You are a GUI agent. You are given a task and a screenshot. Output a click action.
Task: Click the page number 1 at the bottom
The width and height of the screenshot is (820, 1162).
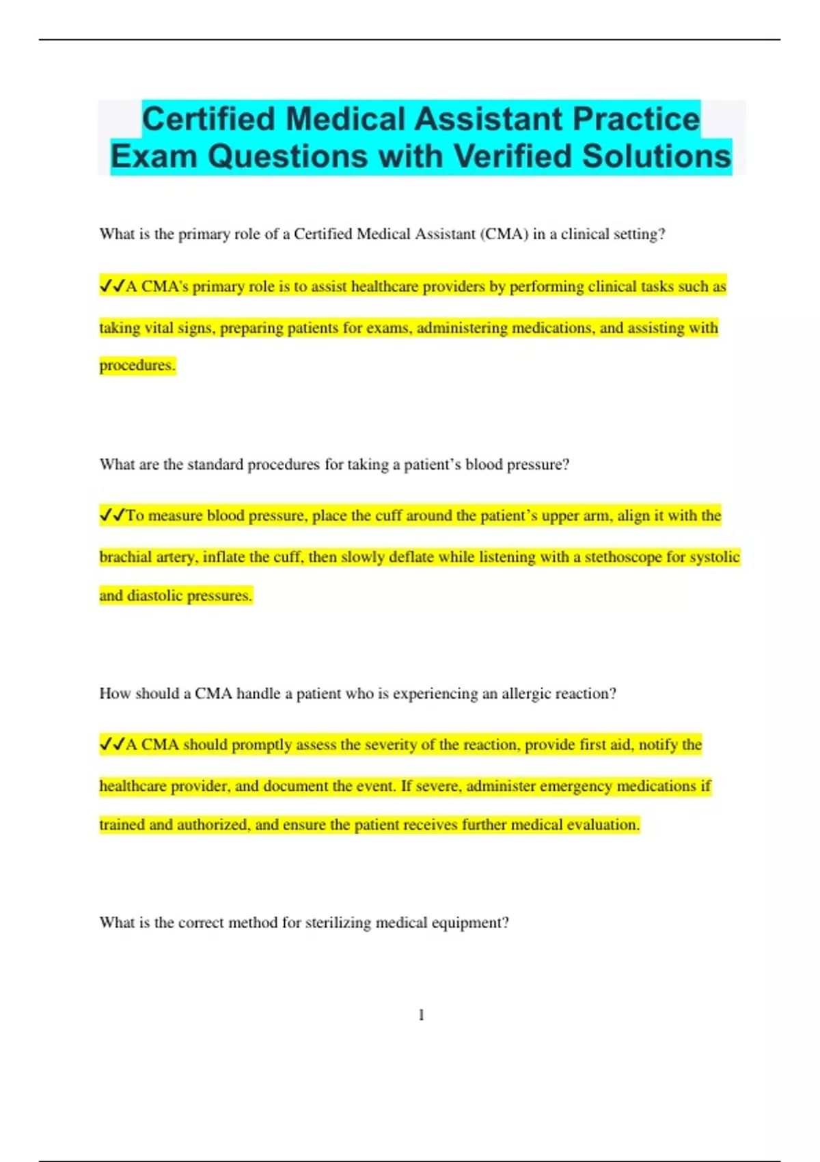pos(421,1015)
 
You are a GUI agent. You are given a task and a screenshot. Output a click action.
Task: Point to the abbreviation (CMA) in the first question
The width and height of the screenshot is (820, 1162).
pos(504,234)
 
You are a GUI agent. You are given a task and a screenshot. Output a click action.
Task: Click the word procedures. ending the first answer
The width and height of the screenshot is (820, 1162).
pos(137,365)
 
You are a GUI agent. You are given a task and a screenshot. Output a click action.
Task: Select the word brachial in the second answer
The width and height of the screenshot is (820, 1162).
pos(125,557)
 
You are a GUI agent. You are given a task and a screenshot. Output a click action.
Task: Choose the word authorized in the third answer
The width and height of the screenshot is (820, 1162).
pos(212,825)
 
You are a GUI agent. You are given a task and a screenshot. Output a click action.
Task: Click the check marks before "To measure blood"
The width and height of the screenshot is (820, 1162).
pos(112,515)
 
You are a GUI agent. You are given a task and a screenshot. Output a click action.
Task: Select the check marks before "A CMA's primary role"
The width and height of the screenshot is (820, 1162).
pos(112,286)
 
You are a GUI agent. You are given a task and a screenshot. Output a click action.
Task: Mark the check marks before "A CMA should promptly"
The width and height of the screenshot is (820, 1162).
pos(112,744)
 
